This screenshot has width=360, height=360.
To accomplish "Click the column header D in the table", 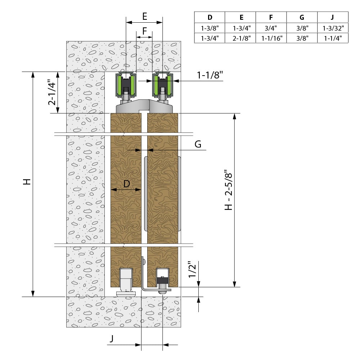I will tap(210, 17).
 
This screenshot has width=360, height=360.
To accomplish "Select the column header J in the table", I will tap(333, 17).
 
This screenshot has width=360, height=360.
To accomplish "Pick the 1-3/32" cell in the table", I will tap(333, 27).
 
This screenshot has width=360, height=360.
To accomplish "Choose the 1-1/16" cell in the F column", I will tap(271, 37).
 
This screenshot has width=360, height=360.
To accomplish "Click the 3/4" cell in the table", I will tap(271, 27).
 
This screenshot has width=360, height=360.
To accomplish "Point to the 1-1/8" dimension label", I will tap(210, 75).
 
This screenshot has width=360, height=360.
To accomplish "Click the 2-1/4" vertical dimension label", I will tap(53, 93).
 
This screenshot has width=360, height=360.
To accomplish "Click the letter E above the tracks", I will tap(144, 16).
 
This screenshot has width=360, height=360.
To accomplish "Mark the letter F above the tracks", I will tap(144, 31).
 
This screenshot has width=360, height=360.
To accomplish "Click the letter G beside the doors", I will tap(198, 144).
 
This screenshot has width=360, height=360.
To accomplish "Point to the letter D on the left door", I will tap(126, 184).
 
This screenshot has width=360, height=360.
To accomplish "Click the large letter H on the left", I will tap(26, 181).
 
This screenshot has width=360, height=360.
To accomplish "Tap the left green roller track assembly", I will tap(126, 85).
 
